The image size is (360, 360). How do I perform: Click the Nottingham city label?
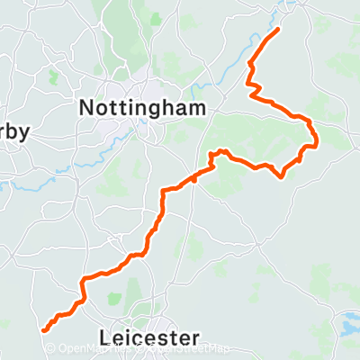(142, 107)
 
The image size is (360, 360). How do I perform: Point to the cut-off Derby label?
(13, 131)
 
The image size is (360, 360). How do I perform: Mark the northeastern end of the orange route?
(276, 30)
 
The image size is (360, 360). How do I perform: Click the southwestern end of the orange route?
(43, 331)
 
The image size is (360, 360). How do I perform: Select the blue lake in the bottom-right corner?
(349, 320)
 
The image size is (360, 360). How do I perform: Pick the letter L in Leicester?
(109, 338)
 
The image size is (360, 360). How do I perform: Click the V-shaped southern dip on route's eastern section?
(284, 175)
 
